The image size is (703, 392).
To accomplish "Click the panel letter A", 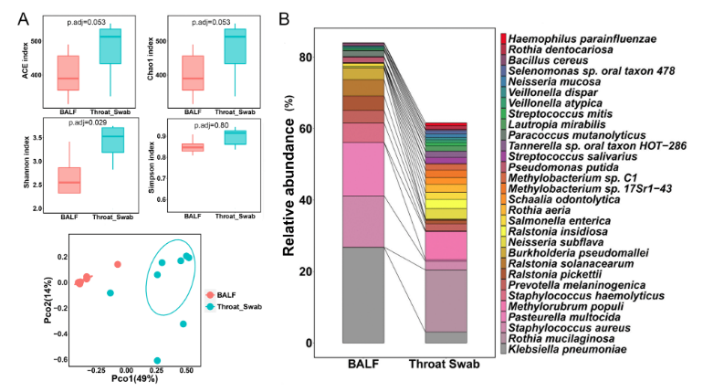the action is point(24,19).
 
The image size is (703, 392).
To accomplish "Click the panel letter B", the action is point(284,19).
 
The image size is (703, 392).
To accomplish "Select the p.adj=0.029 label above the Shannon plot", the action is point(88,122).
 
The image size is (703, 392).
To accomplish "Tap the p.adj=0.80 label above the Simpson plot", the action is point(211,125).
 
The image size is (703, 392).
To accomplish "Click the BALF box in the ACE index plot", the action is point(68,73).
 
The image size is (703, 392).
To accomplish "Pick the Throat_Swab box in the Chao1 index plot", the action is point(235,47).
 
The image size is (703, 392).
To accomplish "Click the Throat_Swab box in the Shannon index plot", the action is point(113,140).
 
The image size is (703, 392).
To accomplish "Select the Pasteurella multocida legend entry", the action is point(563,317).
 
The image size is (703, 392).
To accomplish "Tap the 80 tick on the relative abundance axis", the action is point(305,58).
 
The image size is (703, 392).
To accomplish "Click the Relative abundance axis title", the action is point(289,175).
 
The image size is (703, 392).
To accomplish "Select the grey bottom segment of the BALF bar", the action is point(363,295).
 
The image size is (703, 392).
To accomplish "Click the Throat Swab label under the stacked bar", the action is point(444,364).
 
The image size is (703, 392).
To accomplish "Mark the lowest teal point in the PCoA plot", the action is point(157,361).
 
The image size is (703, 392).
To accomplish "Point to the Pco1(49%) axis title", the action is point(134,379).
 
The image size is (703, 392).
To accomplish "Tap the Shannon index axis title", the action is point(26,162).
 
